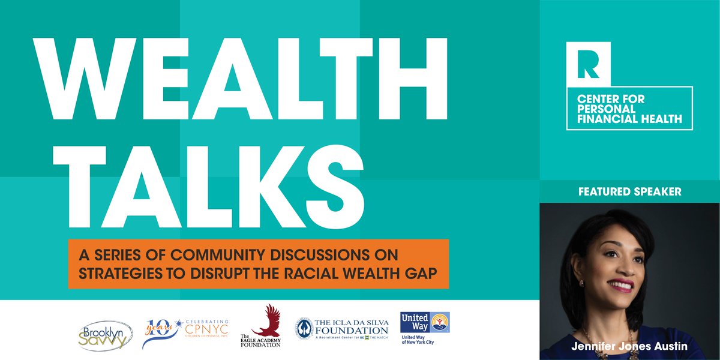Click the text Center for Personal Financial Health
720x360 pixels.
(629, 109)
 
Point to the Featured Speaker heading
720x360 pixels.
(629, 192)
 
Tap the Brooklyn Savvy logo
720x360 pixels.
(104, 335)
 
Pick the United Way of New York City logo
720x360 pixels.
(424, 328)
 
